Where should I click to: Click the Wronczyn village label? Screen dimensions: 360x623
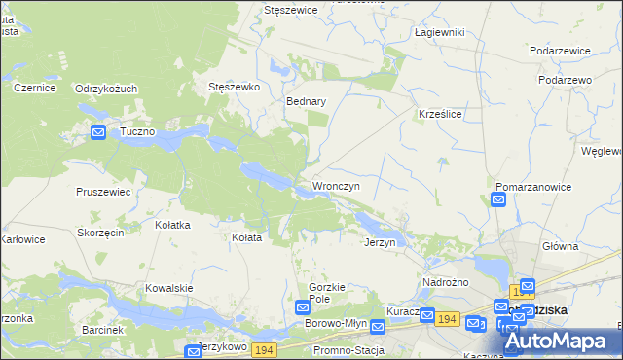[336, 185]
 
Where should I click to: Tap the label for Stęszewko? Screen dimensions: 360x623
[235, 87]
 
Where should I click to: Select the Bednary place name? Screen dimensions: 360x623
[306, 100]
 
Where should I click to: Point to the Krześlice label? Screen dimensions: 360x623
[439, 114]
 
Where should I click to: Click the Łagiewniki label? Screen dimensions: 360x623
[439, 32]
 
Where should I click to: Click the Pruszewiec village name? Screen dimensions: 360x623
[103, 192]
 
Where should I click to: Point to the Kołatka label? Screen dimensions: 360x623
[172, 225]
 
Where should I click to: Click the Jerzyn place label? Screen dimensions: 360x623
[379, 242]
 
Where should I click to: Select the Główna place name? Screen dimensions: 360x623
[562, 246]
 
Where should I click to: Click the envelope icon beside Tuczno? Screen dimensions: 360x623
[98, 132]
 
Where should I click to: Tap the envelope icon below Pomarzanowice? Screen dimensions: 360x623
[498, 200]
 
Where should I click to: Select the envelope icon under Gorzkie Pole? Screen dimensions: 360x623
[303, 307]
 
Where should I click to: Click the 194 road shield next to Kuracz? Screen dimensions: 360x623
[448, 319]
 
